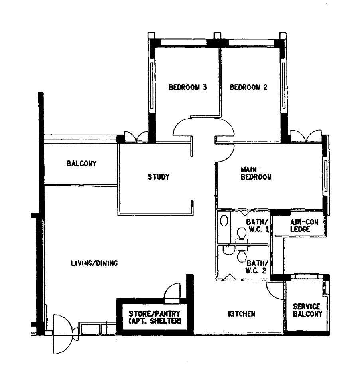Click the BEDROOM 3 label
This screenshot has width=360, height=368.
(x=187, y=87)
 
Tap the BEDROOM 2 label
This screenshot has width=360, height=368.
(x=248, y=87)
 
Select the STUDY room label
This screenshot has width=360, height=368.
(x=158, y=177)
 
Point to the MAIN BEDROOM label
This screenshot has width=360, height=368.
(x=256, y=173)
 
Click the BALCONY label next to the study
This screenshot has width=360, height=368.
(x=81, y=163)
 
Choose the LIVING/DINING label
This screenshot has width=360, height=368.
(x=94, y=263)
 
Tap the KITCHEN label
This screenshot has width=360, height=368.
(x=242, y=314)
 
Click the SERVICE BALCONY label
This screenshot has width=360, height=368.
(x=307, y=310)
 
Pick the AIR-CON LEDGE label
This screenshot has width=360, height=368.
(x=304, y=225)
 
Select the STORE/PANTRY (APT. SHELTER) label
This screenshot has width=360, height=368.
(x=154, y=317)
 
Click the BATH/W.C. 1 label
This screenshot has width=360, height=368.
(x=257, y=225)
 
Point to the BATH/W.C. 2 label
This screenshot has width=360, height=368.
(x=256, y=267)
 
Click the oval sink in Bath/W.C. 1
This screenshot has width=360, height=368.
(x=224, y=221)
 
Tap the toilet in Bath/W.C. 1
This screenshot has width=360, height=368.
(x=242, y=236)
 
